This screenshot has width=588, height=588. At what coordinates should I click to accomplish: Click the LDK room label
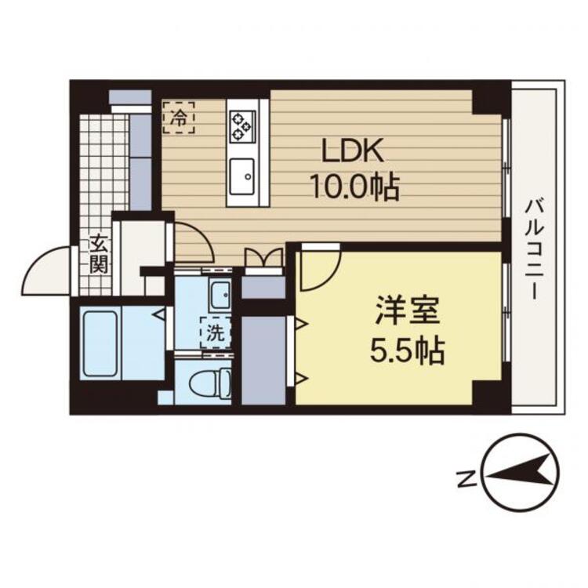[x=354, y=151]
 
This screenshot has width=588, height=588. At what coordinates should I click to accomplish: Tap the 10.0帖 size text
[x=354, y=187]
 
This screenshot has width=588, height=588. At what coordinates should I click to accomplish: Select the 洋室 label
[x=408, y=310]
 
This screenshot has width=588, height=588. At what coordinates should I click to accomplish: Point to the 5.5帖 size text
[x=407, y=350]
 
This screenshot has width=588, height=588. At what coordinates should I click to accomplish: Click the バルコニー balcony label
[x=534, y=250]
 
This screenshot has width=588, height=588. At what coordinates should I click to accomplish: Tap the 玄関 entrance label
[x=99, y=254]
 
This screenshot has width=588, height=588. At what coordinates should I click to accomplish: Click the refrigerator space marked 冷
[x=179, y=118]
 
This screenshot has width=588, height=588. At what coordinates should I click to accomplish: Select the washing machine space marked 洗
[x=216, y=333]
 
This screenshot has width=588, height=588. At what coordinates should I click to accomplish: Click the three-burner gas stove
[x=242, y=125]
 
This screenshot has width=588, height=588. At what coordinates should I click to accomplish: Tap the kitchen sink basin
[x=242, y=176]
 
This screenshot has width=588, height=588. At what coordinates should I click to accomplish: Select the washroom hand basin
[x=220, y=295]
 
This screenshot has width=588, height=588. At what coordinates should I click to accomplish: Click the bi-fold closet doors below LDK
[x=263, y=257]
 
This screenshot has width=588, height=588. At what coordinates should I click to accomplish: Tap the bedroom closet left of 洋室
[x=263, y=361]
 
